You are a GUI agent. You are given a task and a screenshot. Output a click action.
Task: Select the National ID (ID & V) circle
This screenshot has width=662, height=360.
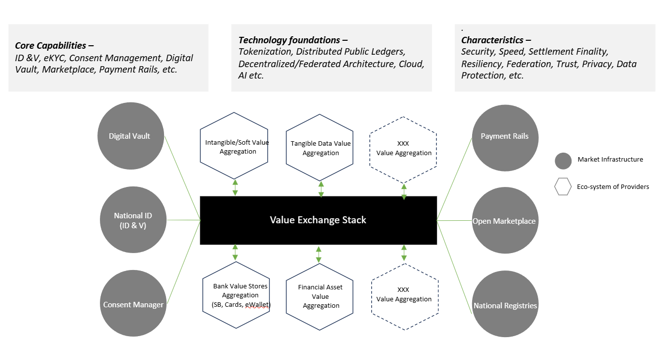133,220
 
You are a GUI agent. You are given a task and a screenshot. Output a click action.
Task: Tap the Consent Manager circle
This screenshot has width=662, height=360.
133,304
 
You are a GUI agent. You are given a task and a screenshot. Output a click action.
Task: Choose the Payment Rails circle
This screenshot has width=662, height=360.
504,136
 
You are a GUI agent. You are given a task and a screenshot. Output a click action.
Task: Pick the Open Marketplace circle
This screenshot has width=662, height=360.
504,221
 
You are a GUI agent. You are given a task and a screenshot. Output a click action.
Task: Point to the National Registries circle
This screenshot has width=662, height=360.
505,305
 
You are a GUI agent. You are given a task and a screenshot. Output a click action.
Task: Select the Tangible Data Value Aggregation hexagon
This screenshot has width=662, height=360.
321,148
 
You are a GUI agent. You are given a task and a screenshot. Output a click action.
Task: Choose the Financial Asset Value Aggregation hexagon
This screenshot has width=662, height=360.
320,296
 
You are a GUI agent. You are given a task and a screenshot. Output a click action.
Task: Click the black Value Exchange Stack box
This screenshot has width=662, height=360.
318,220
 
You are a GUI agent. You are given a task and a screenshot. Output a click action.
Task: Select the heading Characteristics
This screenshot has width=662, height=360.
493,40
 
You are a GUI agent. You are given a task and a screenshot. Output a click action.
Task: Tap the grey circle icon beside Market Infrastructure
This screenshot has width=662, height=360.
563,161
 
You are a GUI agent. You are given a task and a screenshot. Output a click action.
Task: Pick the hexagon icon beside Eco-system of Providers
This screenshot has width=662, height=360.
563,187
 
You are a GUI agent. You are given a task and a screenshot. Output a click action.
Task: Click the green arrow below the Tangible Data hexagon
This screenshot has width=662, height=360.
321,189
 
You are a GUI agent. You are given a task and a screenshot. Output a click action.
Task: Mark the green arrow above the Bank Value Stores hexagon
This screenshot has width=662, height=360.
235,253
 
